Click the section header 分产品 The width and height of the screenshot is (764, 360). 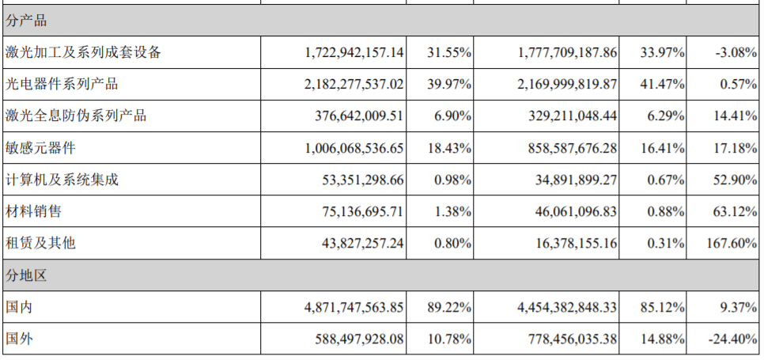(x=26, y=21)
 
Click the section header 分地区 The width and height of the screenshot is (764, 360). (x=26, y=275)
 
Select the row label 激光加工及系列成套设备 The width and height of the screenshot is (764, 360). (x=83, y=53)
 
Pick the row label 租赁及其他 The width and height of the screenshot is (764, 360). (x=40, y=243)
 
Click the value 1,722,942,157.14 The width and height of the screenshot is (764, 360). (x=354, y=53)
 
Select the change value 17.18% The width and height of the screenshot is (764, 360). (x=735, y=148)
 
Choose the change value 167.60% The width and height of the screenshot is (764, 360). (x=732, y=243)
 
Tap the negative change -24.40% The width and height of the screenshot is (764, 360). (x=732, y=339)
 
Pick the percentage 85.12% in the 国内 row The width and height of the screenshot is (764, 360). (x=663, y=307)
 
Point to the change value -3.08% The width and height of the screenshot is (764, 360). (x=736, y=53)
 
